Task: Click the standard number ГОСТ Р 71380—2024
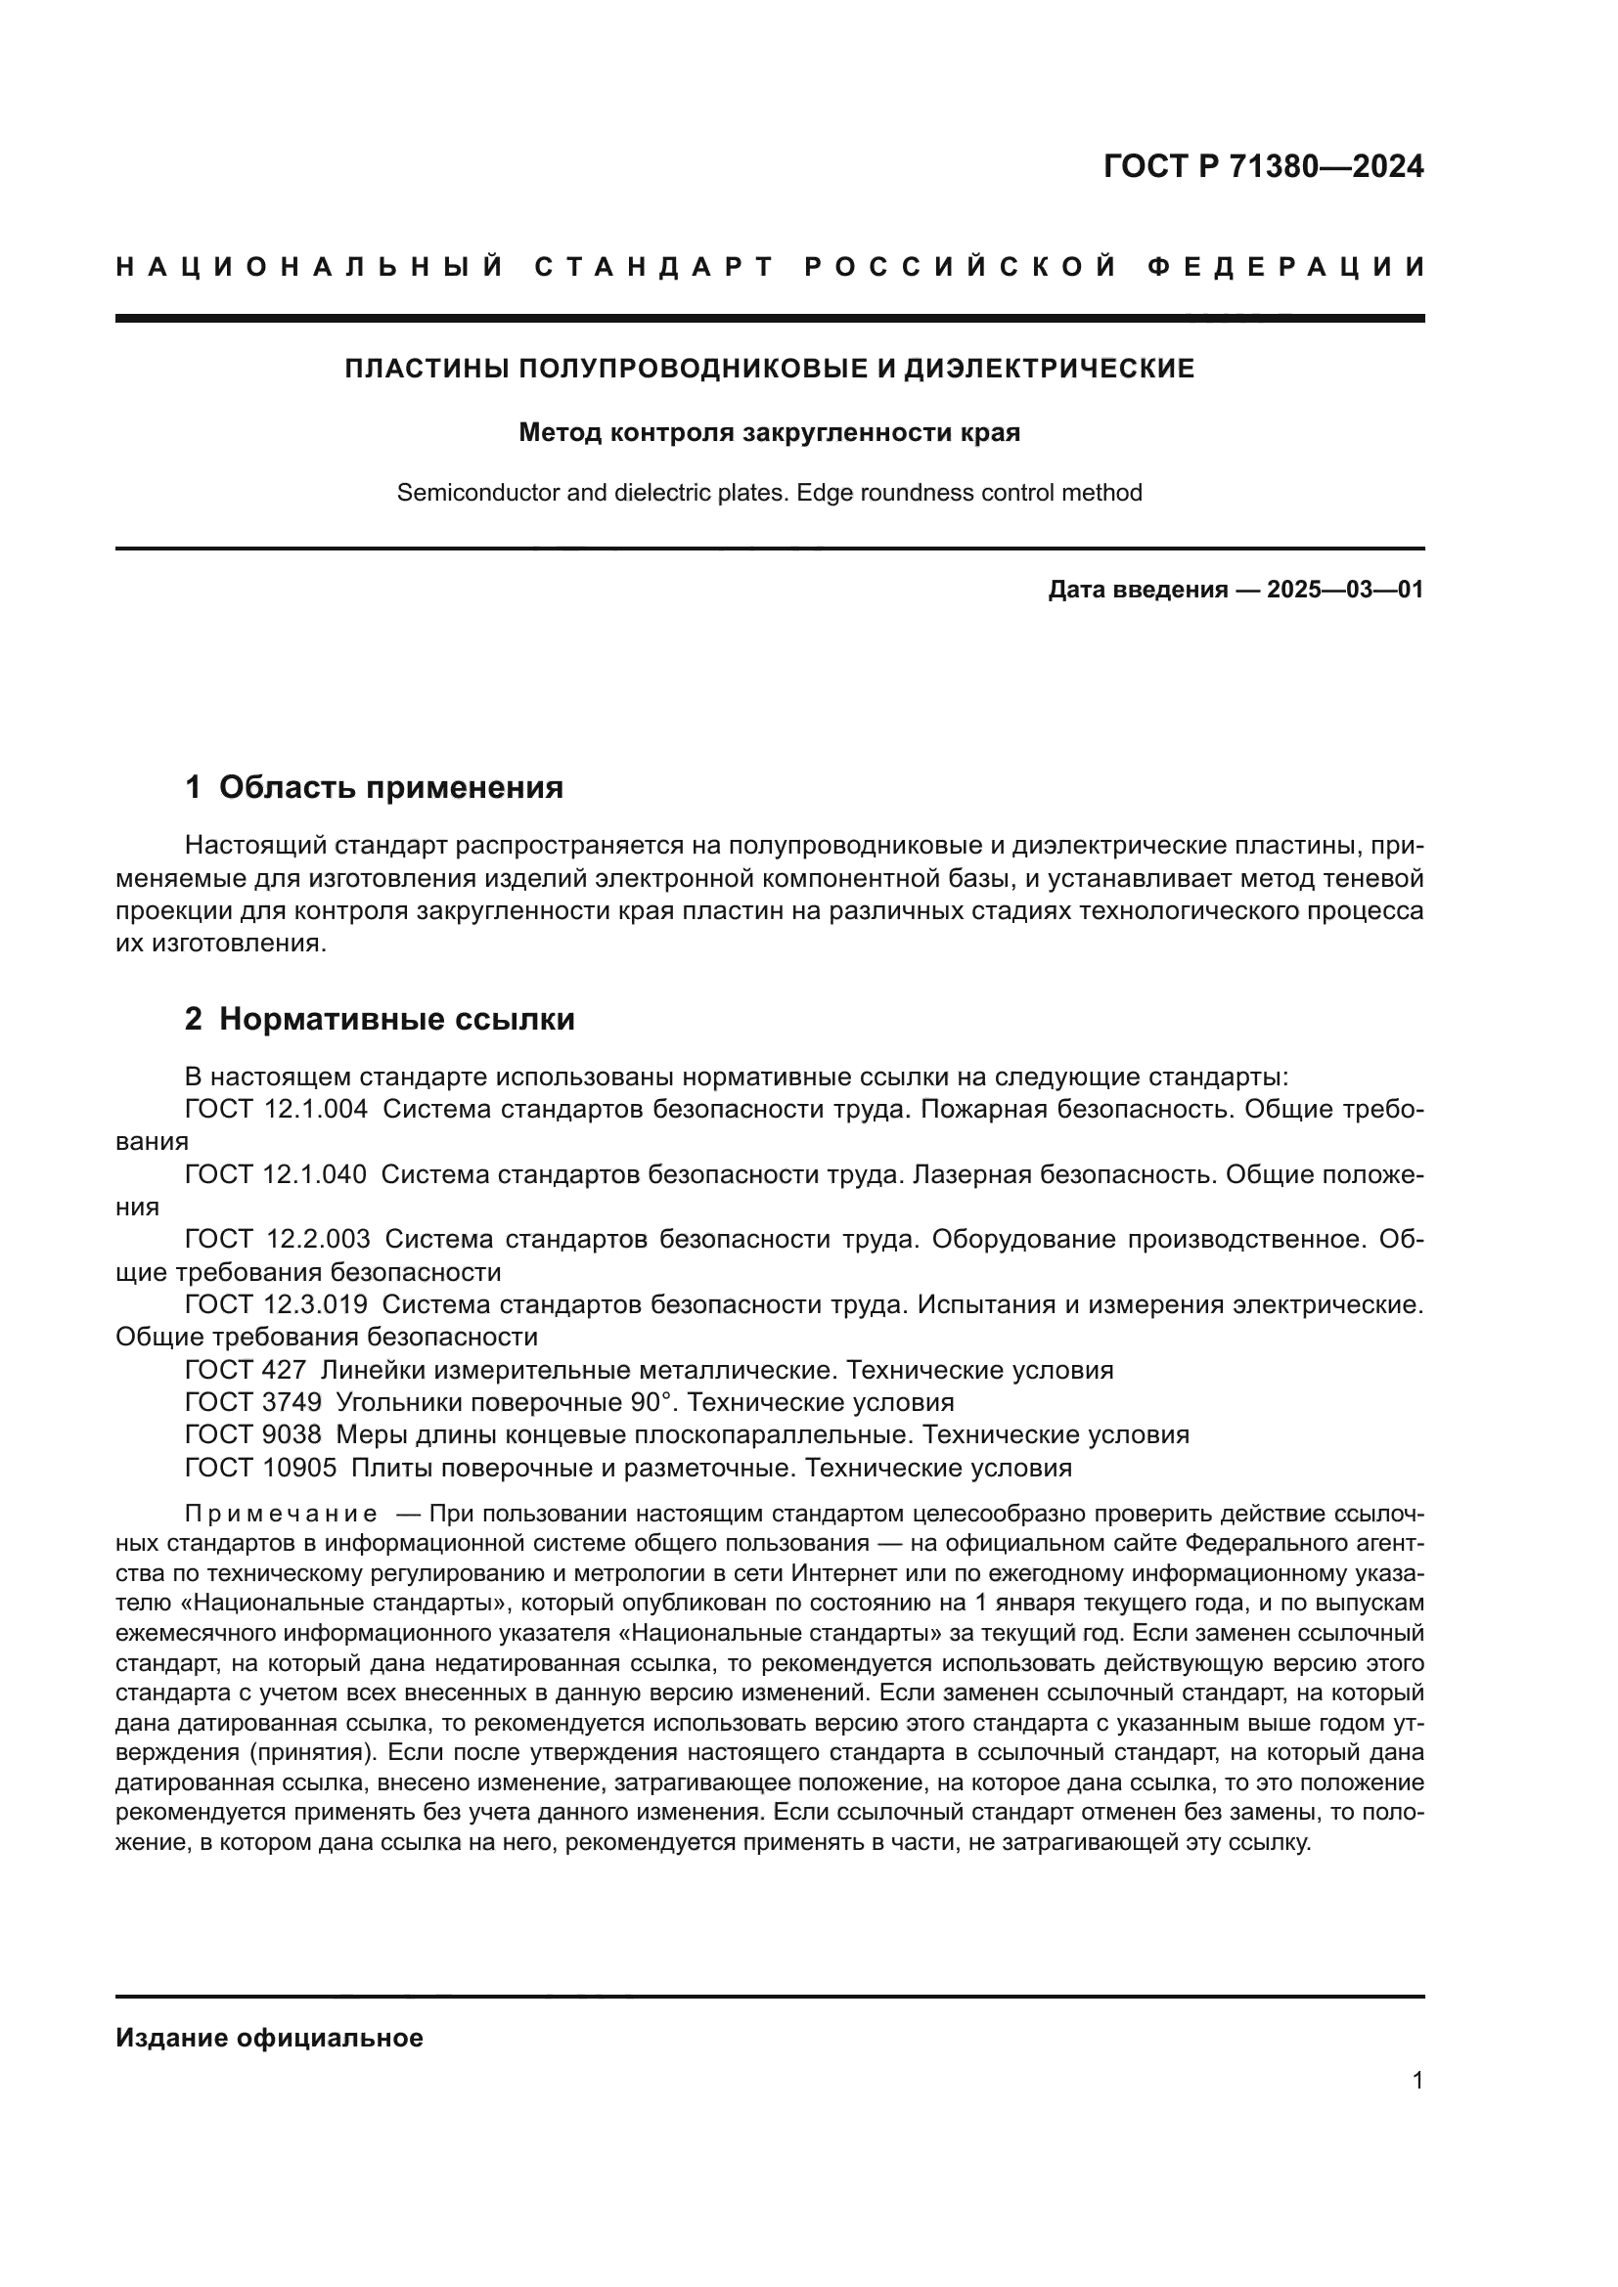point(1263,166)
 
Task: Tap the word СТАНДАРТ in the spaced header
point(654,267)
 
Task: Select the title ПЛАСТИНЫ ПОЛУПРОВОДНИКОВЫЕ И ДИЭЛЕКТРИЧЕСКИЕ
point(769,369)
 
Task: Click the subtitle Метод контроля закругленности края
point(769,433)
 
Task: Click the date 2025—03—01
point(1345,590)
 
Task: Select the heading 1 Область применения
point(375,788)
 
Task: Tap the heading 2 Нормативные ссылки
point(380,1019)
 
